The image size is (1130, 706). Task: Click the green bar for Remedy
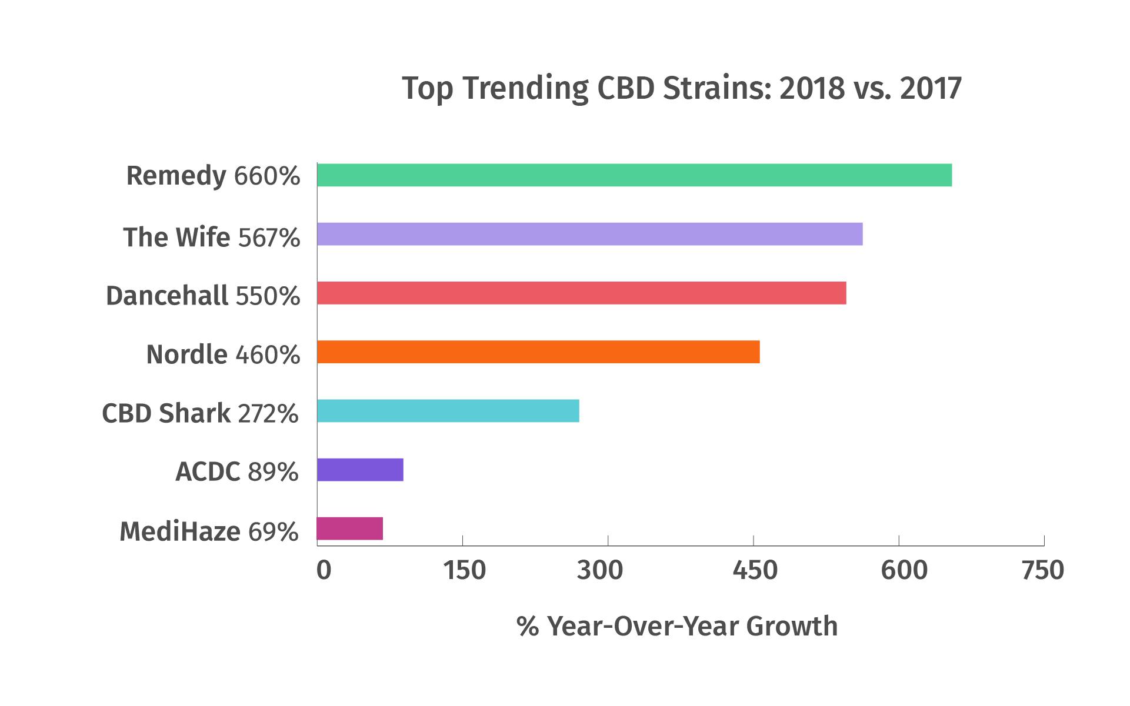pos(634,175)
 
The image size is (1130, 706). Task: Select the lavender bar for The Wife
pos(589,234)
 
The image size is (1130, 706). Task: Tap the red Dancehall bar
pos(581,293)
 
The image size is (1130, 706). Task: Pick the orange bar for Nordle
pos(538,352)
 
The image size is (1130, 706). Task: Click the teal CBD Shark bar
pos(448,410)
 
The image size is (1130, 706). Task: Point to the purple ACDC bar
pos(360,469)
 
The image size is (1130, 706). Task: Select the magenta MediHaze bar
pos(349,528)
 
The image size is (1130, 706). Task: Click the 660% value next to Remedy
pos(267,176)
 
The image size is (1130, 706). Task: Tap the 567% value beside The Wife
pos(269,237)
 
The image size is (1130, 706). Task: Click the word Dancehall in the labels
pos(167,296)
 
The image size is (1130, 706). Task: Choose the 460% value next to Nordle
pos(268,355)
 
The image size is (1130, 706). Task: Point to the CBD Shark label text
pos(166,413)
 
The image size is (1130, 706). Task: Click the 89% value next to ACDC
pos(273,472)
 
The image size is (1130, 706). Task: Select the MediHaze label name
pos(180,531)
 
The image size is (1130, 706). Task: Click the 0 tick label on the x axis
pos(324,570)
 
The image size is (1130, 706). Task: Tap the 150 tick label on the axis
pos(464,570)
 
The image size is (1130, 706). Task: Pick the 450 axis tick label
pos(755,570)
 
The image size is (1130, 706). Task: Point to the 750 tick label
pos(1043,570)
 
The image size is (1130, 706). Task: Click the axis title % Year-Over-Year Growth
pos(677,626)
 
